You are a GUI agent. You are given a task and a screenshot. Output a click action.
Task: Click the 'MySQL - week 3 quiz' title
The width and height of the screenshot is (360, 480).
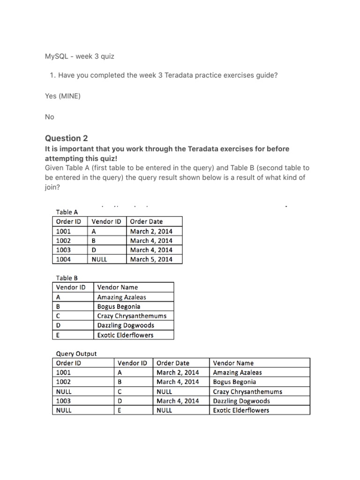click(79, 56)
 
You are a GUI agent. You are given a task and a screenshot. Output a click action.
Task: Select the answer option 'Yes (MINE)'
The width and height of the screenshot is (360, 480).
click(63, 96)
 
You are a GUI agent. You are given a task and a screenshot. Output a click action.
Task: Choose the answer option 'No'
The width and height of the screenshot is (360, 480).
click(50, 117)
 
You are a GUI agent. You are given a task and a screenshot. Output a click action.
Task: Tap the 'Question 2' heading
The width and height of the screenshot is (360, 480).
click(66, 138)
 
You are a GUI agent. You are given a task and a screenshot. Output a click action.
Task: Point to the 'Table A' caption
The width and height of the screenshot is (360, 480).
click(67, 212)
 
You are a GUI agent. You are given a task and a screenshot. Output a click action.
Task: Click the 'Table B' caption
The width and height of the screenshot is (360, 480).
click(67, 278)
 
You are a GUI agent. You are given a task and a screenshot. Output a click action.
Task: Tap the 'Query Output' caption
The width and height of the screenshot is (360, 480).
click(76, 353)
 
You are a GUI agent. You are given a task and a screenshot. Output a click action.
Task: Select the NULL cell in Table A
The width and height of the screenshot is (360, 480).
click(99, 259)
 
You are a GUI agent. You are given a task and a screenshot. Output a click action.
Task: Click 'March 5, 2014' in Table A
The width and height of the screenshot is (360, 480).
click(151, 259)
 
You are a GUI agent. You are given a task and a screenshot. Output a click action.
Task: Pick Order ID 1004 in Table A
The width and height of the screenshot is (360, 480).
click(63, 259)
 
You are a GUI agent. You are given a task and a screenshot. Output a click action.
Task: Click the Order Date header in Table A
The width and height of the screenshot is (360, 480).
click(146, 221)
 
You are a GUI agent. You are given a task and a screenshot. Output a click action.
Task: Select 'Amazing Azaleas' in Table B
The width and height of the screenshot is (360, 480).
click(121, 297)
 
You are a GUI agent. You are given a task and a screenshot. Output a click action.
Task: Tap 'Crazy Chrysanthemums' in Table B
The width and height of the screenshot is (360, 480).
click(132, 316)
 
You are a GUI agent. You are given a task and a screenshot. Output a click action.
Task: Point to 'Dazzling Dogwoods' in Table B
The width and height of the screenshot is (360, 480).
click(126, 325)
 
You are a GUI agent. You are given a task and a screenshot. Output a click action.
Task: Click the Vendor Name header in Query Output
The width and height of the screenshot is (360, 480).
click(233, 363)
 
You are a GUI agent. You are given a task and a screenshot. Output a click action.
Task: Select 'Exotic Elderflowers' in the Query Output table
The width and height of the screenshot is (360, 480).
click(241, 410)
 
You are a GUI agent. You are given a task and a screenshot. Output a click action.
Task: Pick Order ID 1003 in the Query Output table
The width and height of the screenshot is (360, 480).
click(63, 401)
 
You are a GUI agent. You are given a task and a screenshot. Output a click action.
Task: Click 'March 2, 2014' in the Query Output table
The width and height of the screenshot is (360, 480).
click(178, 373)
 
